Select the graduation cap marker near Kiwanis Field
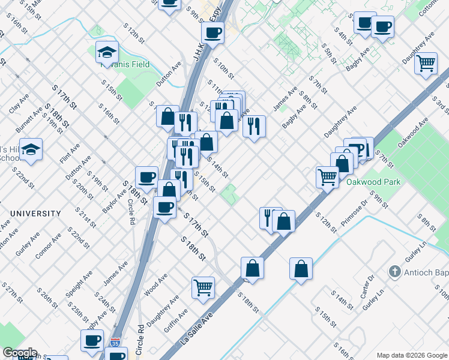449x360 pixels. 107,53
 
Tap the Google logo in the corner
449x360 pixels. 19,353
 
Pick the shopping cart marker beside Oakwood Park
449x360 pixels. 327,176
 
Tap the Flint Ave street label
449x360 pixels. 70,153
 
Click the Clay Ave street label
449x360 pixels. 19,103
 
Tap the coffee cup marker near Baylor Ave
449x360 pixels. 146,176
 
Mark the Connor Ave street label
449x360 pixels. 48,246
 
